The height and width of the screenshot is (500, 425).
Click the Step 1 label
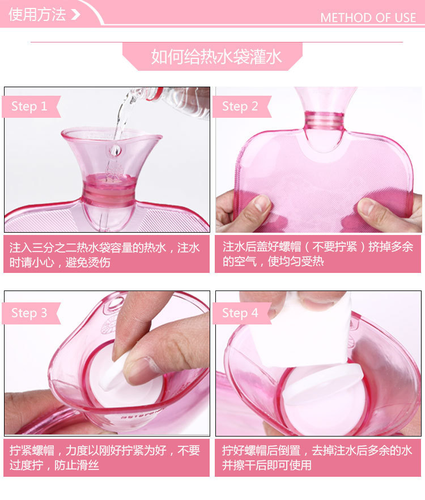[x=29, y=106]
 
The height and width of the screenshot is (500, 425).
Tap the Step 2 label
[x=240, y=106]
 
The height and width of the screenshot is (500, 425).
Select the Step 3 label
[x=29, y=313]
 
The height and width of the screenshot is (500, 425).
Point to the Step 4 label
[x=240, y=313]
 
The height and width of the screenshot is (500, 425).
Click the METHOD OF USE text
[x=368, y=18]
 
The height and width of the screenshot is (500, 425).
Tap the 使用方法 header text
[x=37, y=14]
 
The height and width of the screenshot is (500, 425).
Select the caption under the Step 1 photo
[x=107, y=255]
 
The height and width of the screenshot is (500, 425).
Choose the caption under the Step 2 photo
[x=317, y=255]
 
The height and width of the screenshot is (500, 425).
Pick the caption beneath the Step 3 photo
[x=107, y=458]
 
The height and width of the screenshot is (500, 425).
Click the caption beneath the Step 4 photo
[x=317, y=458]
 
